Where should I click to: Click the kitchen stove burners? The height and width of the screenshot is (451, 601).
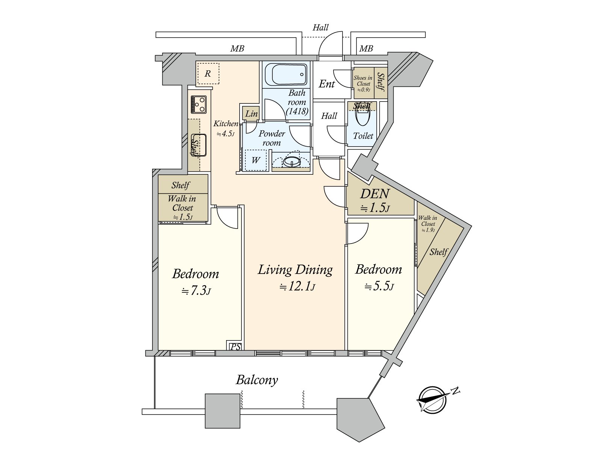[198, 104]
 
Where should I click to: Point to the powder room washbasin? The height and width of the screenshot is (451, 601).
[291, 162]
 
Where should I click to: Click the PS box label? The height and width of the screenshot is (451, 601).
[235, 347]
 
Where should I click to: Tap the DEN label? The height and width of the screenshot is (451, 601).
[374, 194]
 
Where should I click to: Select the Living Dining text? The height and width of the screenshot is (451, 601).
[295, 270]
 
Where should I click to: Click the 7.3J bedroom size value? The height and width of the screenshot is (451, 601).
[196, 291]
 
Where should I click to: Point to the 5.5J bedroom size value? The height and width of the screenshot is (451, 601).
[379, 286]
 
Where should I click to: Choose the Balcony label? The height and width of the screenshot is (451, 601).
[257, 380]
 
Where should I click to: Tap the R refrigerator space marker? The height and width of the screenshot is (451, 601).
[208, 73]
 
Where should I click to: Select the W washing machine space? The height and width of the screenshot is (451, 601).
[255, 160]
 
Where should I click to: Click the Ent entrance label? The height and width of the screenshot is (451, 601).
[327, 84]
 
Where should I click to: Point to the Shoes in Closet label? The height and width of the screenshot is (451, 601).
[363, 83]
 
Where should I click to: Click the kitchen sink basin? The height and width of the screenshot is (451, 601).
[199, 145]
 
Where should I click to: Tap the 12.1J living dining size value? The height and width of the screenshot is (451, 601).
[297, 287]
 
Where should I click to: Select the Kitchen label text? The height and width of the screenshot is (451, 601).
[226, 124]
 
